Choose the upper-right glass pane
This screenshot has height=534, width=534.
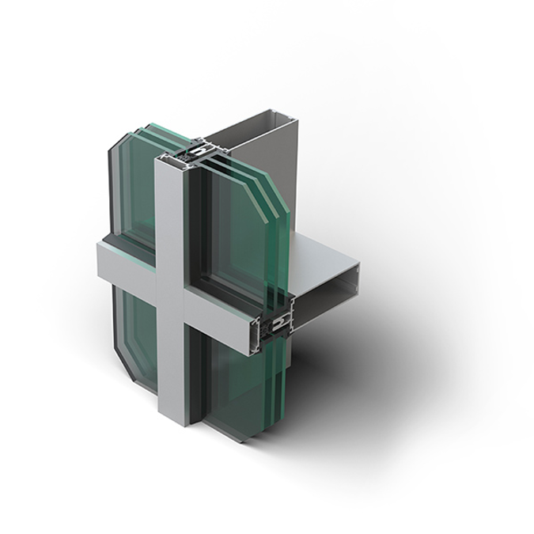pos(237,222)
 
